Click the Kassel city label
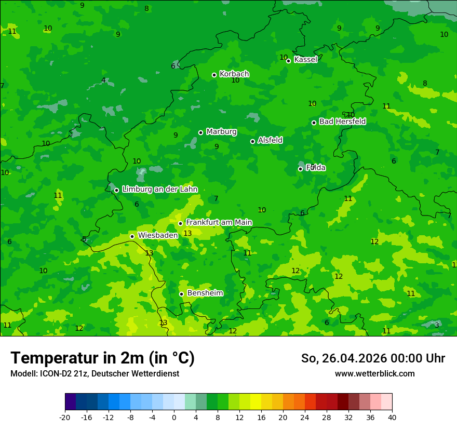coord(305,60)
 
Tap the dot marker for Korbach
coord(214,75)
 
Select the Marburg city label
coord(221,132)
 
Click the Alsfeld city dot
coord(253,141)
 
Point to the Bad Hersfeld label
coord(342,122)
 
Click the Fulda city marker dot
coord(300,169)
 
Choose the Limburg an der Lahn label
coord(159,190)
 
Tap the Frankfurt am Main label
coord(219,222)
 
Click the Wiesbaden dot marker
coord(132,236)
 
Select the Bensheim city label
coord(205,293)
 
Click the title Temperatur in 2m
coord(102,358)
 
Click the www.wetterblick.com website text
coord(374,374)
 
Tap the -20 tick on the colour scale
coord(65,417)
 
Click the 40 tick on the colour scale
coord(392,417)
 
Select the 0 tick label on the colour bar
coord(174,417)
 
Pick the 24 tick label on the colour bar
coord(305,417)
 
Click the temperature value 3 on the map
coord(437,325)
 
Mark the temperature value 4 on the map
coord(103,80)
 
